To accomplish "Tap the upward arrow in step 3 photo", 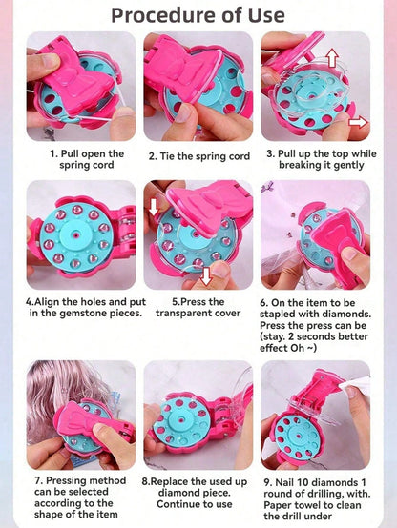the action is (x=332, y=57).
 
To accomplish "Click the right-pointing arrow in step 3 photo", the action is (x=358, y=122).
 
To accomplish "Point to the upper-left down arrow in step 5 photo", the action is (x=154, y=206).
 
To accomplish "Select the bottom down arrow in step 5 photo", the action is (x=205, y=276).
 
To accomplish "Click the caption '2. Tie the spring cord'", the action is (x=199, y=156).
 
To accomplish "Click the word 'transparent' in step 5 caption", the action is (x=181, y=313).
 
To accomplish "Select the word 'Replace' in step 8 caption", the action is (x=169, y=482).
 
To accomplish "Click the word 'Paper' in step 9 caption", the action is (x=278, y=505).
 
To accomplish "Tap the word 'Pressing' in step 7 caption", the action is (x=63, y=481).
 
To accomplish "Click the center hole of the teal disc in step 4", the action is (x=76, y=234).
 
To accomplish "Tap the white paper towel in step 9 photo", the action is (x=356, y=383).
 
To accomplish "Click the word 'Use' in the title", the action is (x=266, y=15).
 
